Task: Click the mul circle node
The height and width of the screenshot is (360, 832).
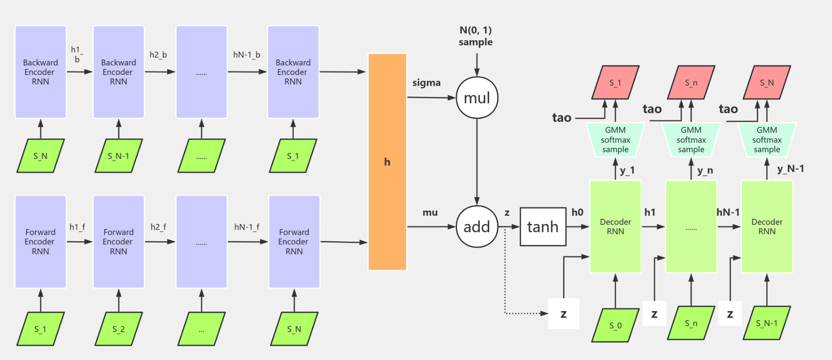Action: pos(477,98)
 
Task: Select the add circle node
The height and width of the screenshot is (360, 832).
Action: pos(477,227)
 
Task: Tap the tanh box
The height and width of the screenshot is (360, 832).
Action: pos(543,227)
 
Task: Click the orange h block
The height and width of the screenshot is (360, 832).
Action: pos(387,162)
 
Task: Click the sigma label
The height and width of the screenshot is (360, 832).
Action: pos(426,83)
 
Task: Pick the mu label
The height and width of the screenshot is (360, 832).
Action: pos(430,212)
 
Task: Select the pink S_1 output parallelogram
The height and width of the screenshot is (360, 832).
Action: pos(615,83)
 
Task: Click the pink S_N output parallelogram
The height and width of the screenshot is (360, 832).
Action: pos(767,83)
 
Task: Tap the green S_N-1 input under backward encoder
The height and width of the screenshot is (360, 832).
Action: pos(118,156)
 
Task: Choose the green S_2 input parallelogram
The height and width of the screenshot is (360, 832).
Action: pos(118,329)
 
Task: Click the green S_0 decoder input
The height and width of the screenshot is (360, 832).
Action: pos(615,325)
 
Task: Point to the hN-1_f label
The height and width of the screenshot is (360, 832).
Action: pos(247,227)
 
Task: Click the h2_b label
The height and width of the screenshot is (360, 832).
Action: pos(158,55)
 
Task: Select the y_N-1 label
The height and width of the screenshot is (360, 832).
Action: pos(790,169)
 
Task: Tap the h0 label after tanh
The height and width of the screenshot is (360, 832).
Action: pos(577,212)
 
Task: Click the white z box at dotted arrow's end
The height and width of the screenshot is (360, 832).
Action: pos(563,314)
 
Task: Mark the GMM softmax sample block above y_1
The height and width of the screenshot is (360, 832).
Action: pos(615,140)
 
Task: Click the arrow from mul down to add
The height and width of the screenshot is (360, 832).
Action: pos(477,160)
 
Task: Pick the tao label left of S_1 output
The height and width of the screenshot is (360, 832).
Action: pos(562,118)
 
